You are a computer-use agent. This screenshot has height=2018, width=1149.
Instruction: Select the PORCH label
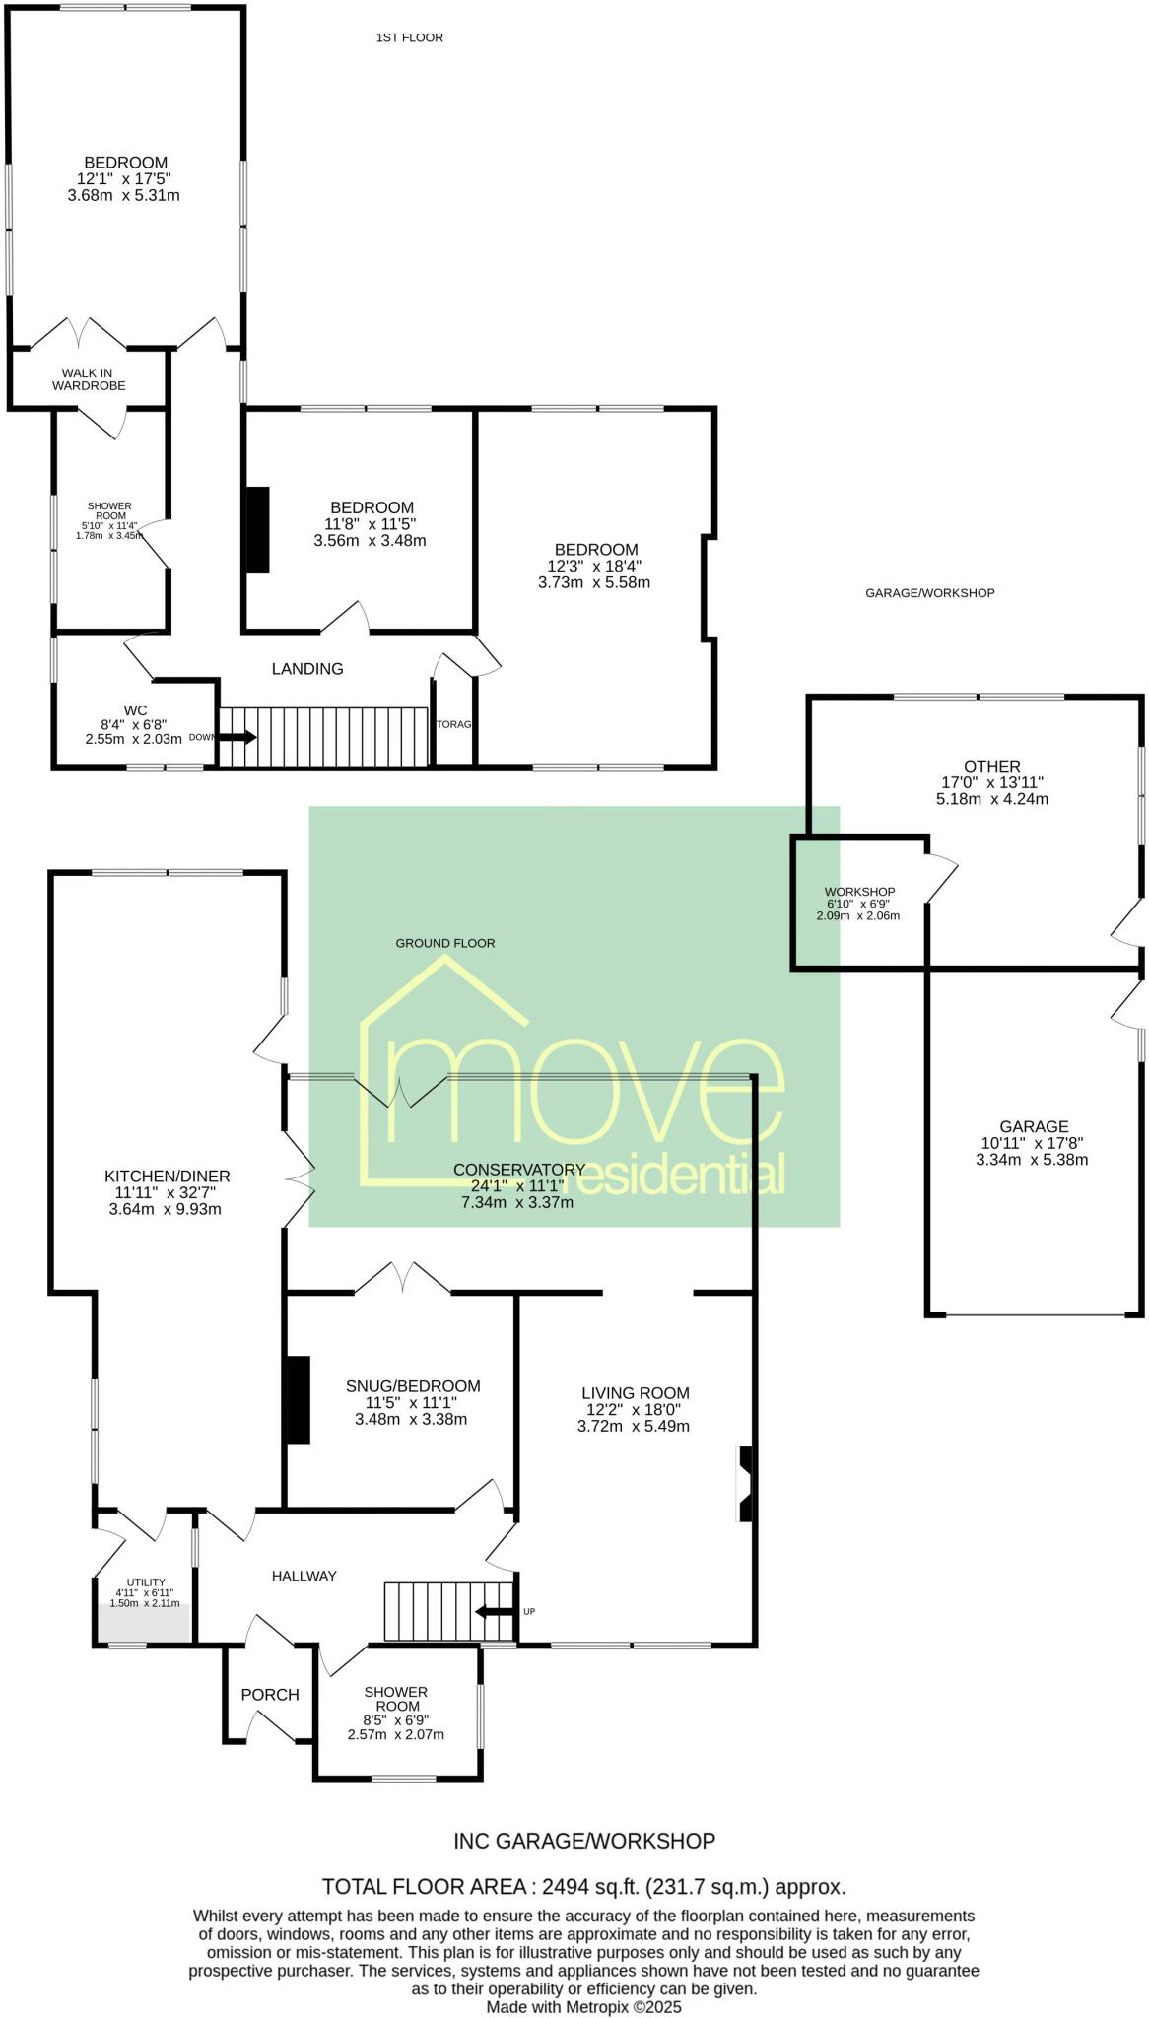(x=270, y=1695)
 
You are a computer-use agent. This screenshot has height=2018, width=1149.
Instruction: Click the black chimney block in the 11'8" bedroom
(x=256, y=529)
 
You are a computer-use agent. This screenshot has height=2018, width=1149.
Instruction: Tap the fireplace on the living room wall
(x=746, y=1484)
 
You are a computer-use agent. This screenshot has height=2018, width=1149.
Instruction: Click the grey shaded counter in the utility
(x=144, y=1622)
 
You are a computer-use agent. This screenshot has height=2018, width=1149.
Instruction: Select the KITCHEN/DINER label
(x=168, y=1176)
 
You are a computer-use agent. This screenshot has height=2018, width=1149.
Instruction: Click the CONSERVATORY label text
(x=518, y=1170)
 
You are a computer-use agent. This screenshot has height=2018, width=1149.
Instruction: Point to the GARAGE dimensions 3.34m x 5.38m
(x=1032, y=1160)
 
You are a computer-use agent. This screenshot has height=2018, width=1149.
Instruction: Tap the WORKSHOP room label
(x=859, y=892)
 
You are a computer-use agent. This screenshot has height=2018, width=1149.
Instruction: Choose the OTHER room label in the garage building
(x=992, y=766)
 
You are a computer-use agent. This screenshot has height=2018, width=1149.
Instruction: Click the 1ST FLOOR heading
(x=409, y=37)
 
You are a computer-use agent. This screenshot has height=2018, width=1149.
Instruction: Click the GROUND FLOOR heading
(x=445, y=943)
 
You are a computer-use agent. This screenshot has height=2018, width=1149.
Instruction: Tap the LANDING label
(x=307, y=669)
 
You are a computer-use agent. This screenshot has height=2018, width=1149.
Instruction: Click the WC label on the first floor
(x=135, y=709)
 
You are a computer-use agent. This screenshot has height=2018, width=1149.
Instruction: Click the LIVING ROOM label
(x=635, y=1393)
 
